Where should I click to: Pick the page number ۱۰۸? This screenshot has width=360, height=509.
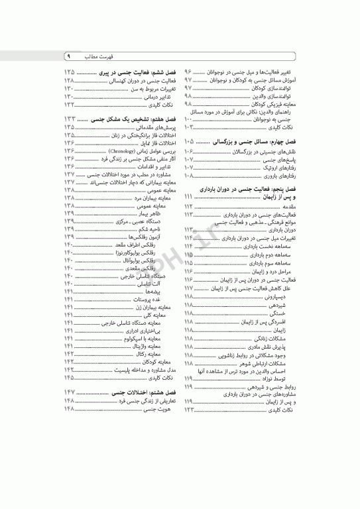point(188,176)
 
